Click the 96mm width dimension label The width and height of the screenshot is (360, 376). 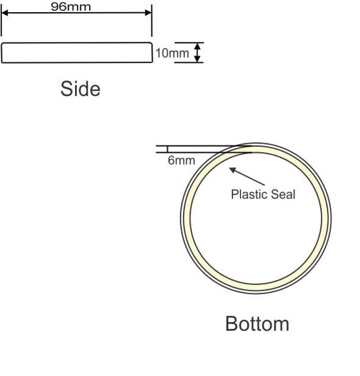click(71, 7)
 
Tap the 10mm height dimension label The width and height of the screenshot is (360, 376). click(172, 53)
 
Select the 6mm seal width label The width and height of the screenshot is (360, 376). click(181, 160)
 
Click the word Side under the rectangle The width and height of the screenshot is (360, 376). click(80, 89)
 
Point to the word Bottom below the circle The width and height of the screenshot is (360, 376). click(257, 324)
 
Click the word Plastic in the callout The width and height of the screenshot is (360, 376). click(249, 194)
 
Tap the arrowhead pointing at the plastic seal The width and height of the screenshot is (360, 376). click(232, 170)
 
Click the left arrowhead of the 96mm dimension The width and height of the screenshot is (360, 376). click(5, 13)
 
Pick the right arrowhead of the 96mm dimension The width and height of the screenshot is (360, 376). click(149, 13)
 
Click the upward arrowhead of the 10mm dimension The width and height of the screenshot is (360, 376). click(197, 46)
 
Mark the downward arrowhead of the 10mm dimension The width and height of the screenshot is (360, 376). click(197, 59)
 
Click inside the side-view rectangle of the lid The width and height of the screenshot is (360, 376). click(77, 53)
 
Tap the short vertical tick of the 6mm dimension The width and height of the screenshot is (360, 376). click(168, 149)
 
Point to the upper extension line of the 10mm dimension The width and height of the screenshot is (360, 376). click(189, 43)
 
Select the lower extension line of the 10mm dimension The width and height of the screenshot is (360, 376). click(189, 62)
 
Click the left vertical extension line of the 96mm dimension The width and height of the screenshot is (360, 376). click(1, 20)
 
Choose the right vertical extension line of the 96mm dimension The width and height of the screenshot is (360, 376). click(152, 20)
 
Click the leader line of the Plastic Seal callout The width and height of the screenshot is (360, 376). click(247, 177)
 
